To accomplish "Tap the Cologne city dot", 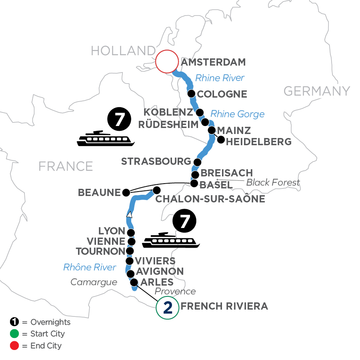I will click(x=192, y=94).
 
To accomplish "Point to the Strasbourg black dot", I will click(x=197, y=162).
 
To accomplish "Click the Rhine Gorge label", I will click(x=237, y=114).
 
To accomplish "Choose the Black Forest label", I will click(x=273, y=183).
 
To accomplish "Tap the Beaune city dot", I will click(x=126, y=192).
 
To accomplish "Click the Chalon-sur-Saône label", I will click(x=210, y=199).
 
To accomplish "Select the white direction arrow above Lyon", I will click(x=129, y=215).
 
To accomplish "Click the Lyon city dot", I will click(x=130, y=233).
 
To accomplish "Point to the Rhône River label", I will click(x=90, y=267).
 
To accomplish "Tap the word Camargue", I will click(x=94, y=282).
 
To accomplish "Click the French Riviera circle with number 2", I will click(x=167, y=308).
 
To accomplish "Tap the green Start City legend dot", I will click(x=14, y=334).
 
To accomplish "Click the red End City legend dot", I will click(x=14, y=345).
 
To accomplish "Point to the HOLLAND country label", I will click(x=123, y=51).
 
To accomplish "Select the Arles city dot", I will click(x=134, y=282).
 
